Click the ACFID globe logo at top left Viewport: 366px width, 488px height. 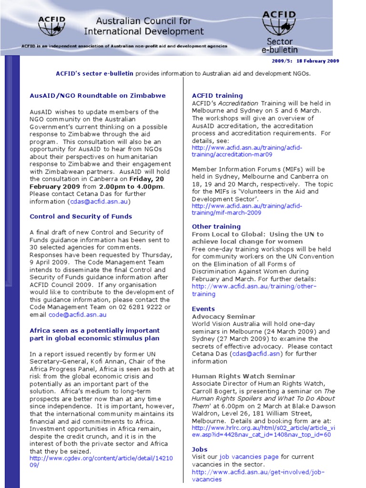tap(52, 26)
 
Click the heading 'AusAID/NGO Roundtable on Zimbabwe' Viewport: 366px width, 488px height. tap(98, 95)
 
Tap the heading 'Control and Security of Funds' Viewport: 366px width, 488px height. tap(81, 216)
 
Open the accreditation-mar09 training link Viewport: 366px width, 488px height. tap(246, 151)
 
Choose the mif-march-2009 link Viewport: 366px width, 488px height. tap(246, 209)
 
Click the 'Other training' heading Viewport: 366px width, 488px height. tap(216, 226)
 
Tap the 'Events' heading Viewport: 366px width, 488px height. tap(203, 309)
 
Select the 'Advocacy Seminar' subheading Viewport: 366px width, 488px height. tap(224, 316)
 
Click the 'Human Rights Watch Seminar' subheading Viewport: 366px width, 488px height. tap(244, 376)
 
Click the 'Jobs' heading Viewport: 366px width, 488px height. tap(200, 449)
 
